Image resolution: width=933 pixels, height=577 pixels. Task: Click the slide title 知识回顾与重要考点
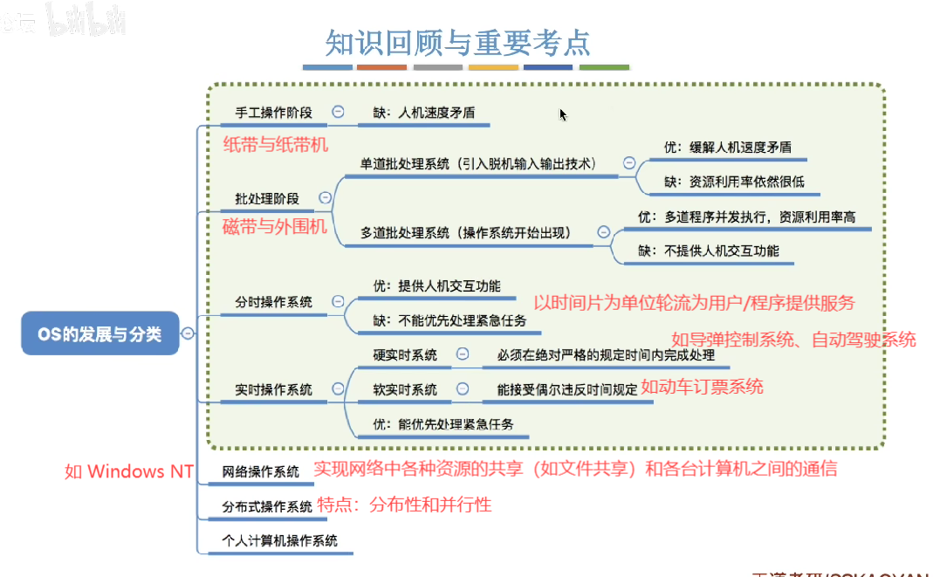(457, 41)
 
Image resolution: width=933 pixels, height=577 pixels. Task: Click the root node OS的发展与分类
(99, 333)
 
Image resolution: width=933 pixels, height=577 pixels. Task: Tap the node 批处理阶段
(266, 198)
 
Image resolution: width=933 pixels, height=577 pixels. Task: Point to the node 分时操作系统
(273, 302)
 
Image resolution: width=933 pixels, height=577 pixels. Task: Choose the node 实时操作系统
(273, 389)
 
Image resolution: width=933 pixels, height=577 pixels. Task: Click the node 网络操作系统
(260, 471)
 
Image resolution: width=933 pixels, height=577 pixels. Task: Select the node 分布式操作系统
(266, 506)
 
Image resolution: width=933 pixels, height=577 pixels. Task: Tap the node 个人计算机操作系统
(279, 540)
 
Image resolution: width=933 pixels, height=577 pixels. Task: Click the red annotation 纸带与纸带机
(276, 145)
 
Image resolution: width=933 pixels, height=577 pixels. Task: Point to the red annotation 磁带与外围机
(275, 227)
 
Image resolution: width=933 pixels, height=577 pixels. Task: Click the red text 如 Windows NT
(129, 471)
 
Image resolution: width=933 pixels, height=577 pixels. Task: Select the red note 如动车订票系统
(702, 387)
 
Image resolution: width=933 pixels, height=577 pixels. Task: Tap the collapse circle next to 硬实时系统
(463, 354)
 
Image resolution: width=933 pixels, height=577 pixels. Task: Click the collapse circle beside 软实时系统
(463, 389)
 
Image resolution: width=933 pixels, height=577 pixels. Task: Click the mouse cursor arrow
(563, 114)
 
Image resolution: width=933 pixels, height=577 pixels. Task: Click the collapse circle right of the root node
(188, 333)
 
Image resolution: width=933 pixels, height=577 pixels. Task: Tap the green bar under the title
(604, 67)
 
